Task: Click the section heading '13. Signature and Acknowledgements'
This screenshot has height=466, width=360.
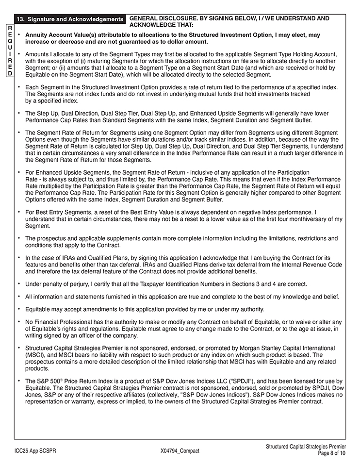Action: point(70,19)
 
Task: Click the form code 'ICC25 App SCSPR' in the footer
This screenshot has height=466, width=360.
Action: point(35,451)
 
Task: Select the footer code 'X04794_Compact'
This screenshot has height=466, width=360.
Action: point(180,451)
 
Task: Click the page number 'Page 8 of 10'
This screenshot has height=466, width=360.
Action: point(332,453)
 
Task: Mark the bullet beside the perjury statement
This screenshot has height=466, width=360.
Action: point(18,283)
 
